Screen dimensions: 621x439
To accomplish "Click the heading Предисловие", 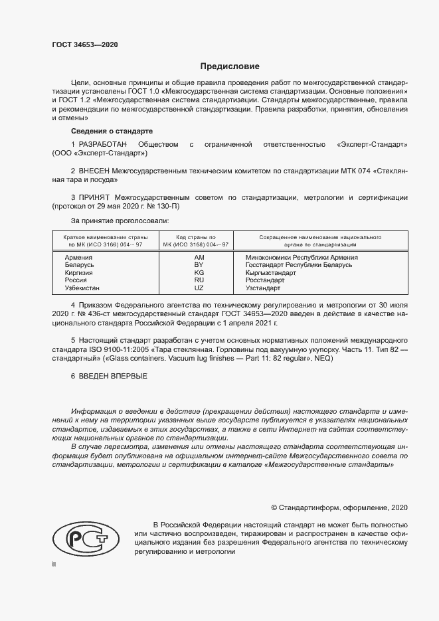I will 230,66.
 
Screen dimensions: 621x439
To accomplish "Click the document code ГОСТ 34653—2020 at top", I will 85,45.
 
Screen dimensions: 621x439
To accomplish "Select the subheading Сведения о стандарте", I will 112,131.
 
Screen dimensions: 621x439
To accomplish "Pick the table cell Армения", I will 78,257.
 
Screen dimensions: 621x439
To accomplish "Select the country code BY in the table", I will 199,265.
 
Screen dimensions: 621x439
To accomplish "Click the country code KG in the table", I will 199,273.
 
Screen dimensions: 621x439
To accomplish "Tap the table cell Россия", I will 76,280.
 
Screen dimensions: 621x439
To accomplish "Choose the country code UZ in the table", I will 199,288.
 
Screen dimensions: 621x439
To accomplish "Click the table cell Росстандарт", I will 265,280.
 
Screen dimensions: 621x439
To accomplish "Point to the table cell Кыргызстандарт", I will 270,273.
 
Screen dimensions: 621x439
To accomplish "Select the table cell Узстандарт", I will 263,288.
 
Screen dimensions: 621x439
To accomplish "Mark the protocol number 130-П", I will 169,207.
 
